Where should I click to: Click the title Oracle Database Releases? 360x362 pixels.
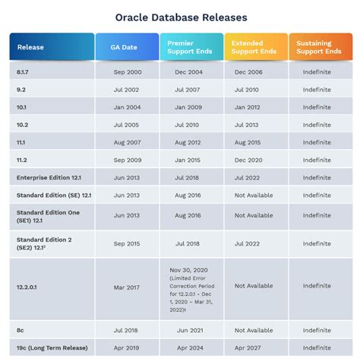point(180,16)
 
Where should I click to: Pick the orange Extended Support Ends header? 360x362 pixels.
point(255,48)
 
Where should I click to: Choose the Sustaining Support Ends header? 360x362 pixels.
point(320,48)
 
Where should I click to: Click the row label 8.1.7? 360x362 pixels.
point(25,71)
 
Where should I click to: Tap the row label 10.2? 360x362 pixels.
point(24,125)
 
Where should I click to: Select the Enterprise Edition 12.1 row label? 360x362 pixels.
point(48,177)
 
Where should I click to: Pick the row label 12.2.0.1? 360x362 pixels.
point(31,286)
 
